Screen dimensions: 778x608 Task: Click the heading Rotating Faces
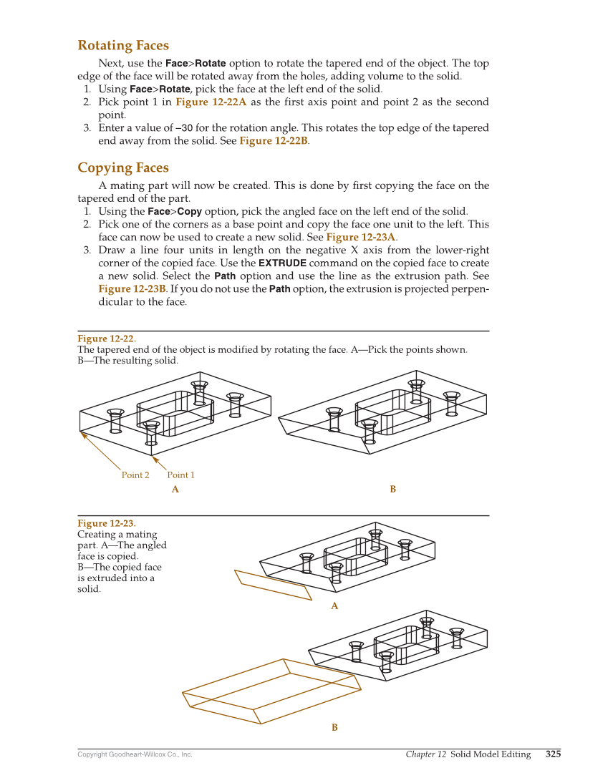(123, 46)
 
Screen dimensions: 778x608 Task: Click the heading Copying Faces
(123, 168)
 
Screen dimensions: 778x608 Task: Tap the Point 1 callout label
(180, 475)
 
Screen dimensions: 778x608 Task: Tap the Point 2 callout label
(135, 475)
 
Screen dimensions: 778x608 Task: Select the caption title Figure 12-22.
(107, 339)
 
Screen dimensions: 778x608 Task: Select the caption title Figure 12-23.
(107, 523)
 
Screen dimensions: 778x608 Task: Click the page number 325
(553, 754)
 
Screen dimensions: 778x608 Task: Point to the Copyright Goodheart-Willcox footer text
(135, 754)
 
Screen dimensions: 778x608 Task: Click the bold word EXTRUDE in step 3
(282, 263)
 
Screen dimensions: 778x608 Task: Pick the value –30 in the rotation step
(183, 128)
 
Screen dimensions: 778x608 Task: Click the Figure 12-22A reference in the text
(211, 102)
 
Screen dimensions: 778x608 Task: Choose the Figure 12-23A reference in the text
(362, 237)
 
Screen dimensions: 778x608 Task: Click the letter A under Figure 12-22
(175, 490)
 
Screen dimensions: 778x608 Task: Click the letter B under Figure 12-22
(392, 490)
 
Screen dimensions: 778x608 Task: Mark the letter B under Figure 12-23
(334, 728)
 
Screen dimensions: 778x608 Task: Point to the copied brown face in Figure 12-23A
(273, 585)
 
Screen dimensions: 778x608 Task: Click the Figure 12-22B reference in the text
(274, 141)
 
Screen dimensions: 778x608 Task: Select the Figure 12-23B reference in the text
(132, 289)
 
